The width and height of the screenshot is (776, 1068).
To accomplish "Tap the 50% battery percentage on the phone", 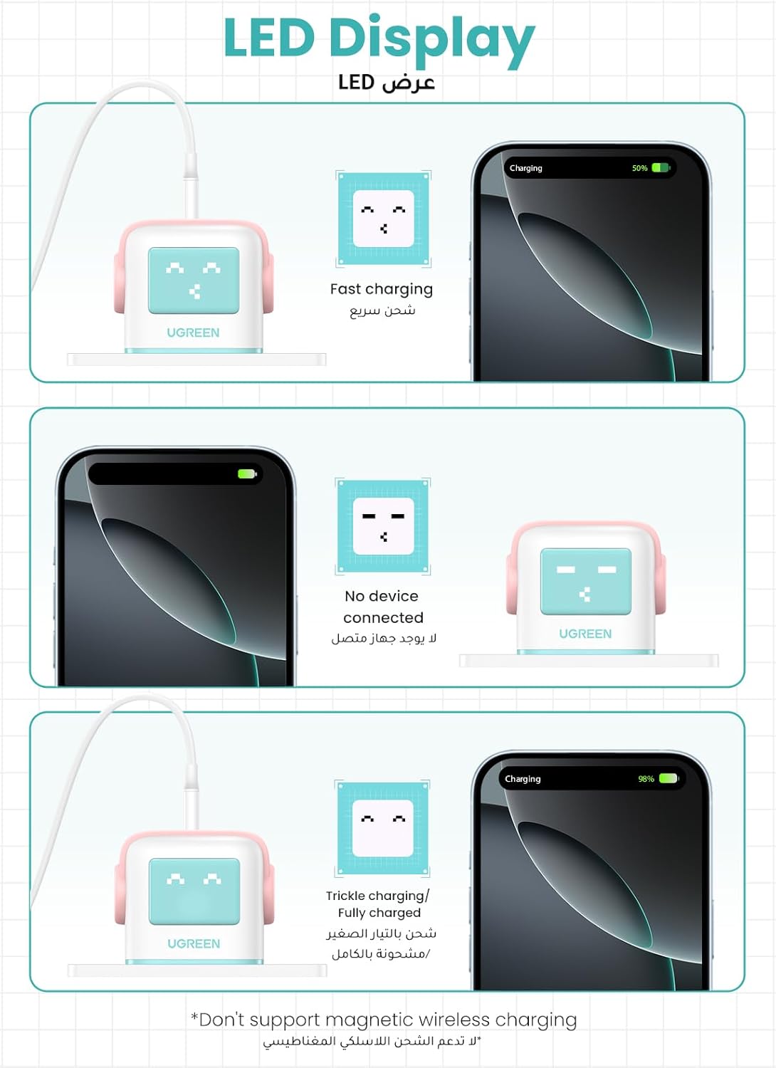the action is [x=640, y=168].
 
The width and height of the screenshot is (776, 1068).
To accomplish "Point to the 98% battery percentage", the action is [x=646, y=779].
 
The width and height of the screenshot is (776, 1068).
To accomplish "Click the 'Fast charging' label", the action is [x=382, y=289].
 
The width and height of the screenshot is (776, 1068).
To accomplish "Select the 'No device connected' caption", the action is [x=382, y=607].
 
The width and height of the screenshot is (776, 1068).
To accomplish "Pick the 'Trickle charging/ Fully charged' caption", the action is [x=377, y=904].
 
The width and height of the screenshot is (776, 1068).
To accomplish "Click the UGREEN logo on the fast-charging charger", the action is [x=193, y=333].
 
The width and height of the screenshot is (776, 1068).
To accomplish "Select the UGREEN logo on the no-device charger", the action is [x=585, y=634].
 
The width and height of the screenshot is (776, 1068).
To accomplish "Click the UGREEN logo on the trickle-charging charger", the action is [x=194, y=943].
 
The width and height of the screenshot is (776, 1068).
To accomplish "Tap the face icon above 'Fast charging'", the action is [x=383, y=219].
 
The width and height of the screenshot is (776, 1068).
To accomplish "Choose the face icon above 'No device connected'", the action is [x=383, y=526].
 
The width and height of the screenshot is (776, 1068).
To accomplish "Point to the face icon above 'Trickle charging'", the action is [x=382, y=828].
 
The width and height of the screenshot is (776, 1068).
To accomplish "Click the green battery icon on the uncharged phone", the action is [x=247, y=474].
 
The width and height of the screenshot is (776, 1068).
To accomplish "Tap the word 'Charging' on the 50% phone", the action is [x=525, y=168].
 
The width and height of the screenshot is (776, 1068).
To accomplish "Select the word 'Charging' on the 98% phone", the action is [x=523, y=779].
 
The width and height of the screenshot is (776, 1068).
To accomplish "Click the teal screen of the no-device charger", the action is [x=586, y=581].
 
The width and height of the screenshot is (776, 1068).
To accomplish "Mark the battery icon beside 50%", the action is [x=661, y=168].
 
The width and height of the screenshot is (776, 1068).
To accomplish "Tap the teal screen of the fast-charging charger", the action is [x=194, y=281].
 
